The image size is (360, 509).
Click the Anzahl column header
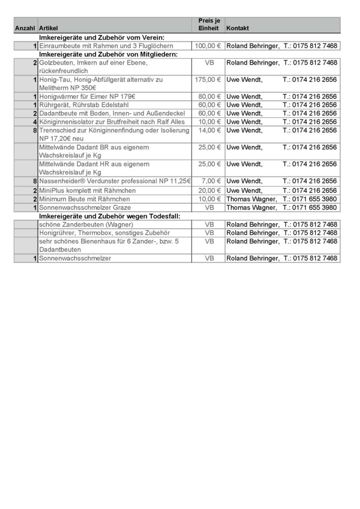coord(25,29)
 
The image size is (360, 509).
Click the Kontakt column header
coord(238,29)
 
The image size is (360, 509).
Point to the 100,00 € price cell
coord(208,46)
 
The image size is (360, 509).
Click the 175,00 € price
coord(208,80)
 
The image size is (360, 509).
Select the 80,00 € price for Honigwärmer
coord(208,96)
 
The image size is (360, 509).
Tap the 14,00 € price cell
coord(208,130)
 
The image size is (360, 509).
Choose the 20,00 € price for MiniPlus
coord(208,190)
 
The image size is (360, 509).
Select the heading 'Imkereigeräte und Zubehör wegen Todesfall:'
coord(109,216)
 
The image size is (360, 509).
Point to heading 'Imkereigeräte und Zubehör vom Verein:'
coord(102,37)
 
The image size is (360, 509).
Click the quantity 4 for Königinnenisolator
coord(35,122)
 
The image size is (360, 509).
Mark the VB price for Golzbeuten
coord(208,63)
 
